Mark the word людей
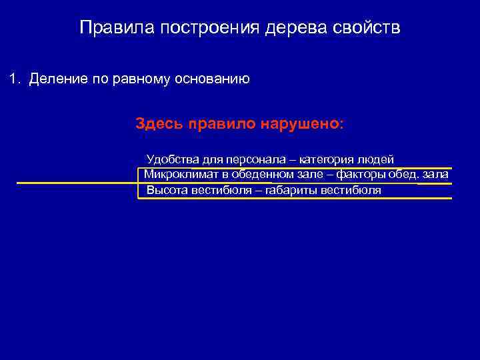click(x=376, y=159)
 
